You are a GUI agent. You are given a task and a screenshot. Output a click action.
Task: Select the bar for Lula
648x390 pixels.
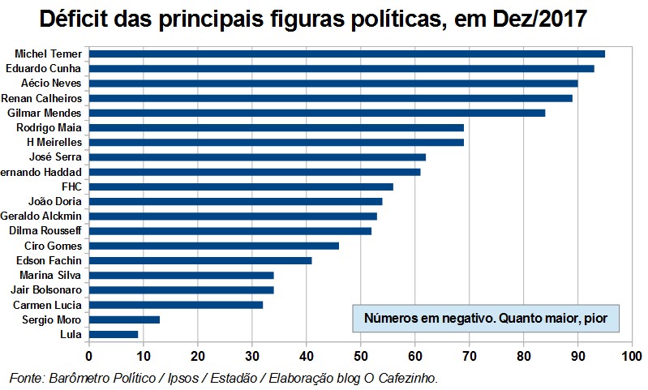[x=114, y=333]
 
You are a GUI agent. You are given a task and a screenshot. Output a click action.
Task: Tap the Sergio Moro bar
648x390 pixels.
[x=124, y=319]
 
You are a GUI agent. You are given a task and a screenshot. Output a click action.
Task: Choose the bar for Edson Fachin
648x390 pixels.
[x=200, y=260]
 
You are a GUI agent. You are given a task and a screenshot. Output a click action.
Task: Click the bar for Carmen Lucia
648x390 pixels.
[x=175, y=305]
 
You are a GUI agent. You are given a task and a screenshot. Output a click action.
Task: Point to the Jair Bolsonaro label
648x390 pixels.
[x=46, y=289]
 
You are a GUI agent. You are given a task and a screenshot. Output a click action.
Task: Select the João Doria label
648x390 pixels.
[x=53, y=201]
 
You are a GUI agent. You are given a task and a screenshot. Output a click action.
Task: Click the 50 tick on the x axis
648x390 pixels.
[x=360, y=355]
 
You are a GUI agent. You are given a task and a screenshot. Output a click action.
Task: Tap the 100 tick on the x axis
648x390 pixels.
[x=631, y=355]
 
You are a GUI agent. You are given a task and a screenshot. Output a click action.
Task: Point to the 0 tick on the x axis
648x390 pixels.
[x=88, y=355]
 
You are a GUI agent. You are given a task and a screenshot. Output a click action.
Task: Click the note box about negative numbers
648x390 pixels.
[x=486, y=318]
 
